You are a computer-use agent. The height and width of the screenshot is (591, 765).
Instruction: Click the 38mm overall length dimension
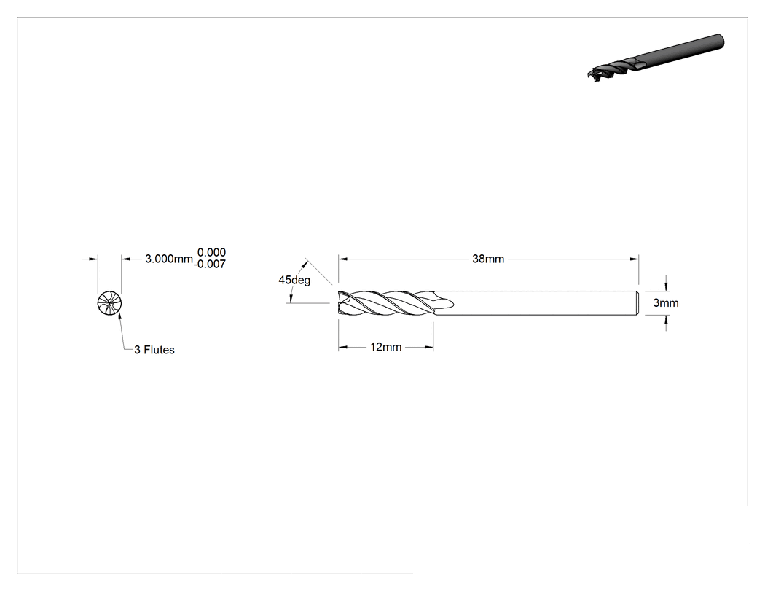point(488,259)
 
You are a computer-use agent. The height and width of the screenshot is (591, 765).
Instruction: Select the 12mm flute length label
point(385,347)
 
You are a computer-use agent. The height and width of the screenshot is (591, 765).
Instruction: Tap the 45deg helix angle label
point(294,280)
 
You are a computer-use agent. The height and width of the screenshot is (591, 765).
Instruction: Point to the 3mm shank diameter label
point(665,303)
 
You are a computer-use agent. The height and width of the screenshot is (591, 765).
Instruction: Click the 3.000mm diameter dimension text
point(169,259)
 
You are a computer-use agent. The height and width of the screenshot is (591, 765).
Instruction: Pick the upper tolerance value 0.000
point(211,252)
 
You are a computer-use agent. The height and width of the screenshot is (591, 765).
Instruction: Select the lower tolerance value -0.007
point(210,264)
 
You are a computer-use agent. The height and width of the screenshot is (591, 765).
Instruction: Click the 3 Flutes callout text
point(154,350)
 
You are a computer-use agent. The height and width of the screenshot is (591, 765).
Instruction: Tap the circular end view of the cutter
point(109,303)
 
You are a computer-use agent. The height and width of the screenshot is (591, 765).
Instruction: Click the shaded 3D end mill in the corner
point(656,58)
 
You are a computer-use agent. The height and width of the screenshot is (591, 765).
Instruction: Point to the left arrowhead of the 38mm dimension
point(342,259)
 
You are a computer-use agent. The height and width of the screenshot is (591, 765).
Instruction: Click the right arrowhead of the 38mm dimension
point(635,259)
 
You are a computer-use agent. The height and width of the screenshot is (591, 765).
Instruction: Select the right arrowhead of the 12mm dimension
point(429,347)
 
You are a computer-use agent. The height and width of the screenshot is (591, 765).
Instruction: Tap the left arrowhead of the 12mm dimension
point(342,347)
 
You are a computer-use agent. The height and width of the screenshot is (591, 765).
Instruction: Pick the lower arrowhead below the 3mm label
point(667,320)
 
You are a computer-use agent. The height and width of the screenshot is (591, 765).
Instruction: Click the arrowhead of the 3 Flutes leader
point(119,318)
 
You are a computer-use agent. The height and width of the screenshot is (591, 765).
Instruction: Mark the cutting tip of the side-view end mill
point(339,303)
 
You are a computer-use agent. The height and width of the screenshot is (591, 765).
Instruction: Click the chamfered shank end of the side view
point(637,303)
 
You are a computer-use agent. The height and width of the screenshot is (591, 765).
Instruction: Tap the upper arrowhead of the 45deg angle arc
point(305,264)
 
